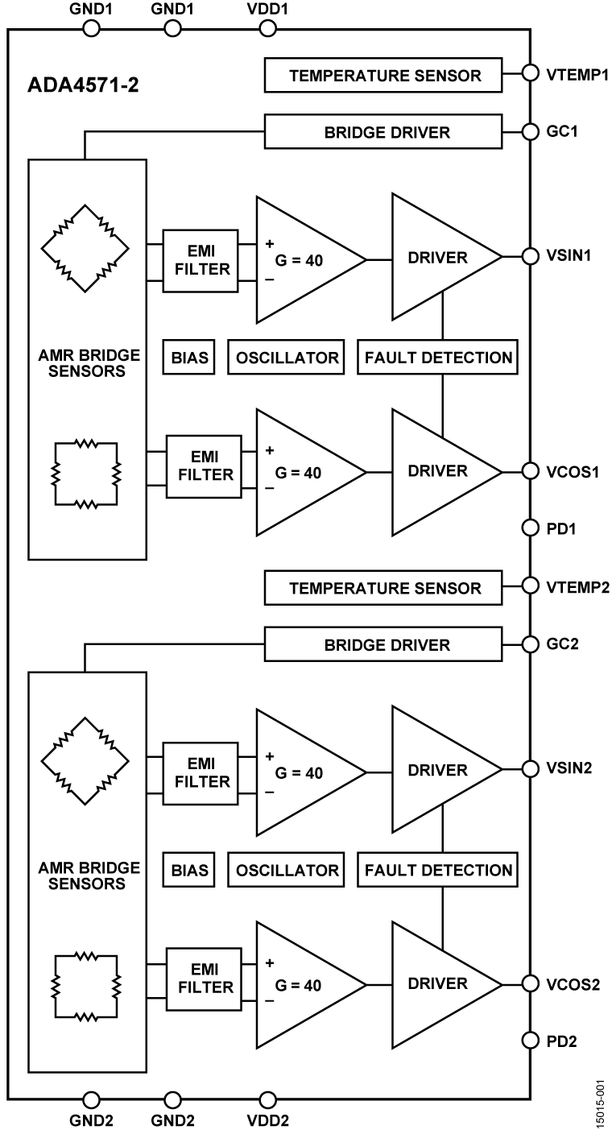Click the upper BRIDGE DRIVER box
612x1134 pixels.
click(x=383, y=132)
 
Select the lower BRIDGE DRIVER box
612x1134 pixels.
click(x=383, y=644)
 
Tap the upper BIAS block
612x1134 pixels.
click(x=188, y=358)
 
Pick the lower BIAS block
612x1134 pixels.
click(x=188, y=870)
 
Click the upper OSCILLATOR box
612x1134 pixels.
click(x=286, y=358)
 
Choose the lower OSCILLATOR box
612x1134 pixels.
click(x=286, y=870)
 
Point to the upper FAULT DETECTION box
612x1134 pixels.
click(x=437, y=358)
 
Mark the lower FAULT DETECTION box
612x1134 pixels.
click(x=437, y=870)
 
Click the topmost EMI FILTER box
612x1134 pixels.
click(x=201, y=261)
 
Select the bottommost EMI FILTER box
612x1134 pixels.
click(x=204, y=979)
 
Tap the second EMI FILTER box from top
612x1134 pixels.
click(x=204, y=467)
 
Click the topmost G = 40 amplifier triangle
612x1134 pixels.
click(x=302, y=260)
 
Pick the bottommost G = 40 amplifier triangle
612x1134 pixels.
click(x=302, y=985)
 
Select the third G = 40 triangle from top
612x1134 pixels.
click(x=302, y=772)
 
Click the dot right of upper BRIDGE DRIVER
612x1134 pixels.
click(x=530, y=131)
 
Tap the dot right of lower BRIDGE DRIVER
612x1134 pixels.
click(x=530, y=644)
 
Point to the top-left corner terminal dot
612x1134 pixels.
click(x=92, y=29)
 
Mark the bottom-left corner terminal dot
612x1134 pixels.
click(x=92, y=1100)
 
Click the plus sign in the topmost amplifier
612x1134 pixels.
click(x=269, y=243)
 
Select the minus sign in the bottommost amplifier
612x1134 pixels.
click(x=269, y=1001)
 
